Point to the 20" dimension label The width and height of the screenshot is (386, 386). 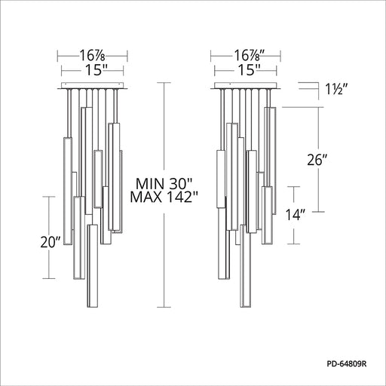[51, 243]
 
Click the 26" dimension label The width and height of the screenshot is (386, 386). [317, 160]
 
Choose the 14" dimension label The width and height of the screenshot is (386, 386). [296, 215]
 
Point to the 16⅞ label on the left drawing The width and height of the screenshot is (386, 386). [92, 56]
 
